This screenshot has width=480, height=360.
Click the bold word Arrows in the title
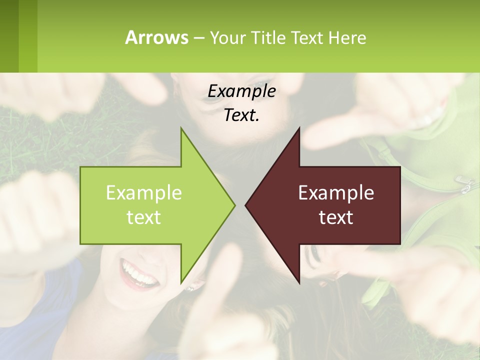point(156,37)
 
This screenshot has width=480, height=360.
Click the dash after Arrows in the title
point(198,38)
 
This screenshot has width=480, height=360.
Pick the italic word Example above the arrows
point(241,91)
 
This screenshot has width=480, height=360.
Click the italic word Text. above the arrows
point(241,115)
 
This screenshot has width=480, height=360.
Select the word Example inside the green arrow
point(144,193)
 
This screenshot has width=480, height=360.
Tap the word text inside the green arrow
point(144,217)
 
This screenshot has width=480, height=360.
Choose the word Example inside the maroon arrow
point(336,193)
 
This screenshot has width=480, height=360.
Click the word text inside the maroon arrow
point(336,217)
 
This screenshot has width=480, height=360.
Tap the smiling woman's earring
point(190,288)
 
